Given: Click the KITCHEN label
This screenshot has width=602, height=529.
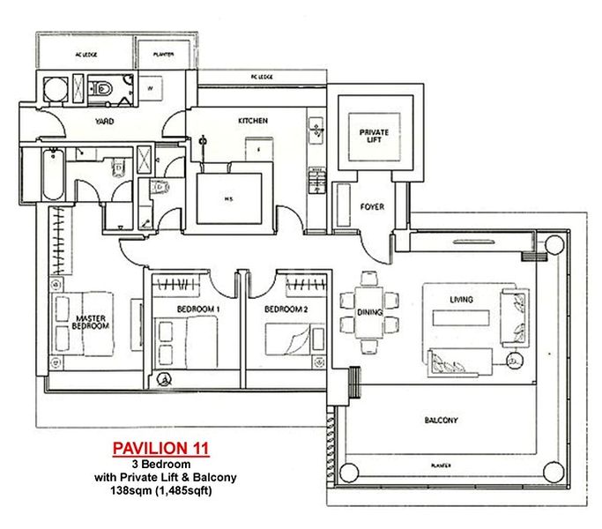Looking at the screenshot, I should point(253,121).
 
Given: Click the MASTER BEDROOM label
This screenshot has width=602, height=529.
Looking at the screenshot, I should point(91,322).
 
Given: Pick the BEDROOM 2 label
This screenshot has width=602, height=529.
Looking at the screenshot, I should point(286,309).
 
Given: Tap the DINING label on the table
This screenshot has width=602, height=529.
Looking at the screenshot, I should point(368,313).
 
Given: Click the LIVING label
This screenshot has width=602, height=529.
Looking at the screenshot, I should point(461,300).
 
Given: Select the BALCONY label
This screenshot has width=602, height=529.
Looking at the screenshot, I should point(441,421).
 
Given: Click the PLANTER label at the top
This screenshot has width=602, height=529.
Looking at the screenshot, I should point(164,55).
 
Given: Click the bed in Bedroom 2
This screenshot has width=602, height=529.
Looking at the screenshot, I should point(288,339).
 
